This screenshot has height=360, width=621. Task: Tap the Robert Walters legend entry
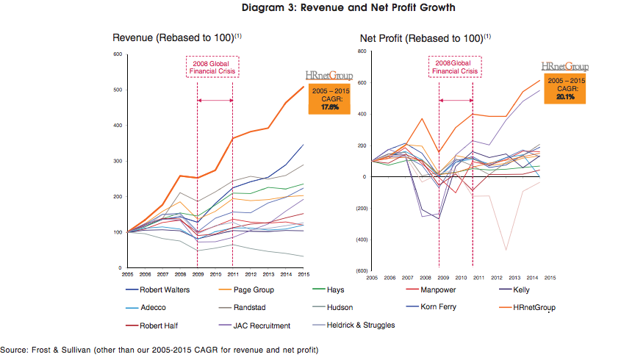click(x=166, y=289)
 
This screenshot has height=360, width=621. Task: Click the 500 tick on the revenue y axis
click(x=116, y=90)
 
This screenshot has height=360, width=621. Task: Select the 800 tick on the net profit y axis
click(x=362, y=51)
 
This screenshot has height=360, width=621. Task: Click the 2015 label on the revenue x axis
click(x=304, y=274)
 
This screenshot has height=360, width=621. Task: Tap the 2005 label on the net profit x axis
click(x=371, y=278)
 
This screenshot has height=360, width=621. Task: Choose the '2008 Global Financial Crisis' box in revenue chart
click(x=214, y=67)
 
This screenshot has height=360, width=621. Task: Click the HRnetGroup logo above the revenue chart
click(x=329, y=75)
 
